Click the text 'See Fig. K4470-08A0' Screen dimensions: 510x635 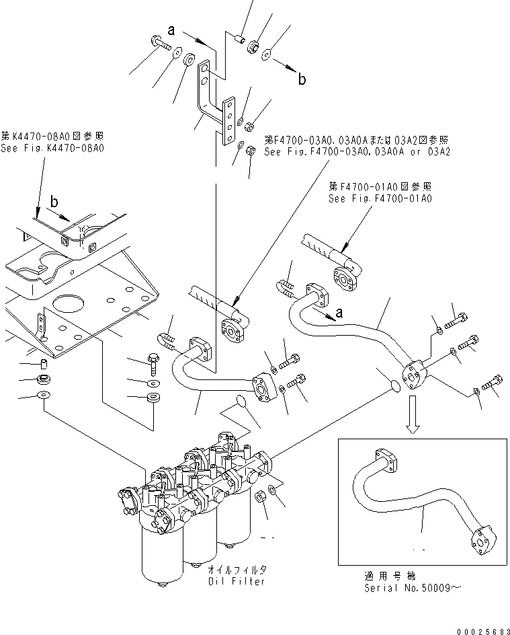[52, 148]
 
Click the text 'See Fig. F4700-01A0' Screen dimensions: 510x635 [380, 198]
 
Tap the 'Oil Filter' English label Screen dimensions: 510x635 [237, 581]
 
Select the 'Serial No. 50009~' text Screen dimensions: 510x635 [412, 588]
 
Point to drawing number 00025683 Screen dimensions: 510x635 [483, 631]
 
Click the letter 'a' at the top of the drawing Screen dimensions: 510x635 [172, 30]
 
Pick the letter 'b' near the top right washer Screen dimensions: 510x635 [302, 79]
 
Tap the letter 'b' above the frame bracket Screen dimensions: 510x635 [54, 201]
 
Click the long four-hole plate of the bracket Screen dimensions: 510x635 [228, 120]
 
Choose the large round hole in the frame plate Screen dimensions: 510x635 [69, 305]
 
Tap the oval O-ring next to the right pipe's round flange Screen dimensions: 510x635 [396, 385]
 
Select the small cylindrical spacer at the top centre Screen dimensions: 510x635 [241, 39]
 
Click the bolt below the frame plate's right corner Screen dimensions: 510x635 [154, 364]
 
